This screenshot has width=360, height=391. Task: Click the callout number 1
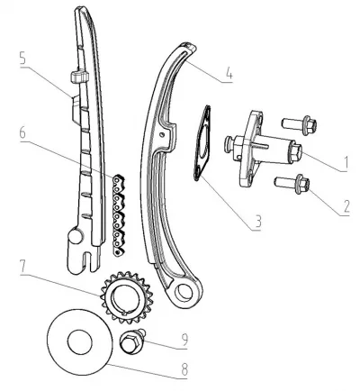(346, 163)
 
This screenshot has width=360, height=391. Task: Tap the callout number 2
(346, 205)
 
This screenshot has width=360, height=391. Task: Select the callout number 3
(257, 222)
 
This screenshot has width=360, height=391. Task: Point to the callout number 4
(229, 73)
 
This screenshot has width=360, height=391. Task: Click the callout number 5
(23, 59)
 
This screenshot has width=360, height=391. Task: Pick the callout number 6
(23, 133)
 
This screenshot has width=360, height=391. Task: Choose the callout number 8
(184, 369)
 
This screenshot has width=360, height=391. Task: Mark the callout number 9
(184, 340)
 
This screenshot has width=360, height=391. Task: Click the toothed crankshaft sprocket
(127, 297)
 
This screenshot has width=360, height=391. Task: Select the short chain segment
(119, 215)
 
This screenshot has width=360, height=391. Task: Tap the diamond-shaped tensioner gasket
(202, 143)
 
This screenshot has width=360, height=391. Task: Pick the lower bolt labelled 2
(292, 184)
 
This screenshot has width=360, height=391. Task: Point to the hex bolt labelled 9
(132, 342)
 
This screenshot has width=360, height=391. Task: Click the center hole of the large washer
(80, 342)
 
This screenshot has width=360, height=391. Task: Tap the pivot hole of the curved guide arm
(184, 293)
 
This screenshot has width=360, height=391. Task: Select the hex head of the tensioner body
(295, 151)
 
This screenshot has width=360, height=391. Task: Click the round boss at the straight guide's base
(75, 235)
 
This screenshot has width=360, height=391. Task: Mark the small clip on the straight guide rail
(79, 77)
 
